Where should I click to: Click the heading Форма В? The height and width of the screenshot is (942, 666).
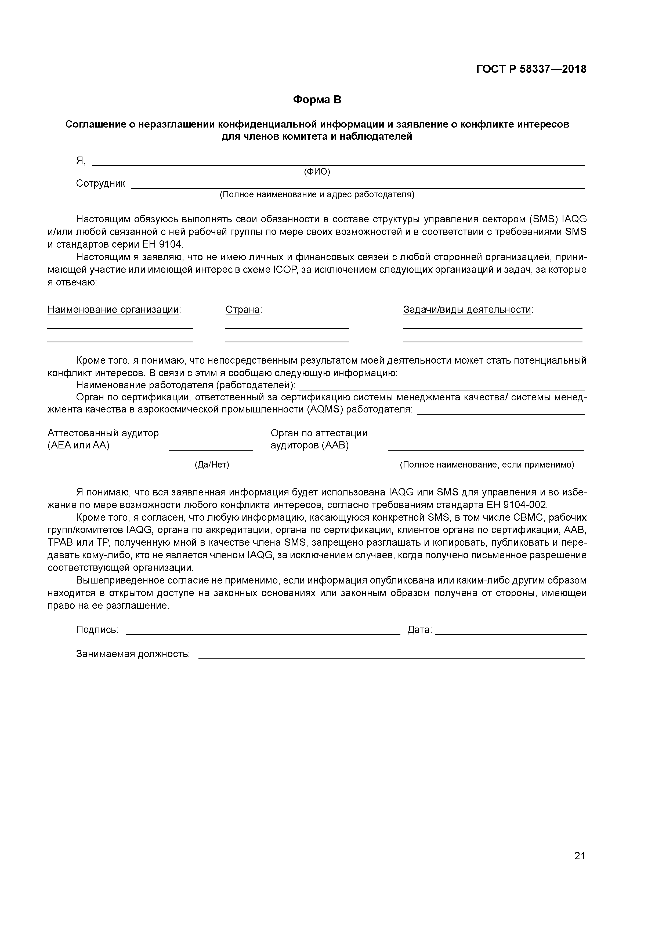[317, 100]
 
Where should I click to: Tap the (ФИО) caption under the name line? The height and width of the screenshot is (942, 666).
[317, 172]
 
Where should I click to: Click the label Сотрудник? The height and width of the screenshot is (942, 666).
[100, 183]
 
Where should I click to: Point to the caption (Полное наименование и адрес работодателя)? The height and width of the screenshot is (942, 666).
[317, 194]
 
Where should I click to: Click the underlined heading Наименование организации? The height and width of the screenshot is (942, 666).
[114, 310]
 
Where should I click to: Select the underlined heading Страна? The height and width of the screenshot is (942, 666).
[243, 310]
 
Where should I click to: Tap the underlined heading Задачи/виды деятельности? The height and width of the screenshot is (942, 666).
[467, 310]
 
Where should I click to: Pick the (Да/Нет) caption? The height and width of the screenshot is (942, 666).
[212, 465]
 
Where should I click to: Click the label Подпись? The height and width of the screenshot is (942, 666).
[97, 629]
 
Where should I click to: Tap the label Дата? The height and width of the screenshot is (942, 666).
[419, 629]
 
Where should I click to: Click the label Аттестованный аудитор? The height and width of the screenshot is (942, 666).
[103, 433]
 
